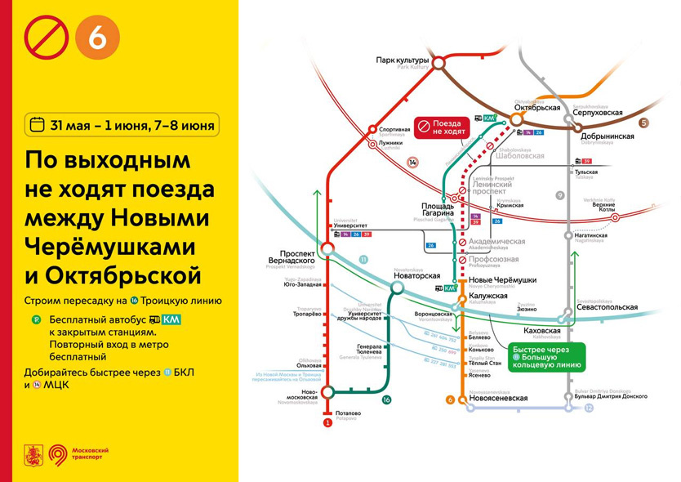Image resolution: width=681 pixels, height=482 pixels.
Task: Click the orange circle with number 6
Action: point(97,38)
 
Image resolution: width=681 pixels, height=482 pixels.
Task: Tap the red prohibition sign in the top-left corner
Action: point(47,38)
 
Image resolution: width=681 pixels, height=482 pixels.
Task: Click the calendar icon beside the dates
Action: point(37,125)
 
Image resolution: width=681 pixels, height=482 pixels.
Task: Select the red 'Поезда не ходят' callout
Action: point(440,127)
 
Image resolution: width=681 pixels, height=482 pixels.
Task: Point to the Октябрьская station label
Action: point(537,107)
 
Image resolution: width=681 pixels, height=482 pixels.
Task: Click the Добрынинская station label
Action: point(608,136)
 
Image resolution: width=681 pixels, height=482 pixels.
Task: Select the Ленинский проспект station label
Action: point(493,190)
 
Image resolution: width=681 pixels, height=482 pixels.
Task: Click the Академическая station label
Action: point(496,242)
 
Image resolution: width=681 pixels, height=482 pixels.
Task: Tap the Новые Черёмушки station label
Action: point(496,280)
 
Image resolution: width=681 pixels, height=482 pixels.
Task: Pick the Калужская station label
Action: point(489,296)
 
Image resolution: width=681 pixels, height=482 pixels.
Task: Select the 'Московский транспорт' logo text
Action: point(90,453)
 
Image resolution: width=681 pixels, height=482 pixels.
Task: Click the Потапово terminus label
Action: point(347,413)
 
